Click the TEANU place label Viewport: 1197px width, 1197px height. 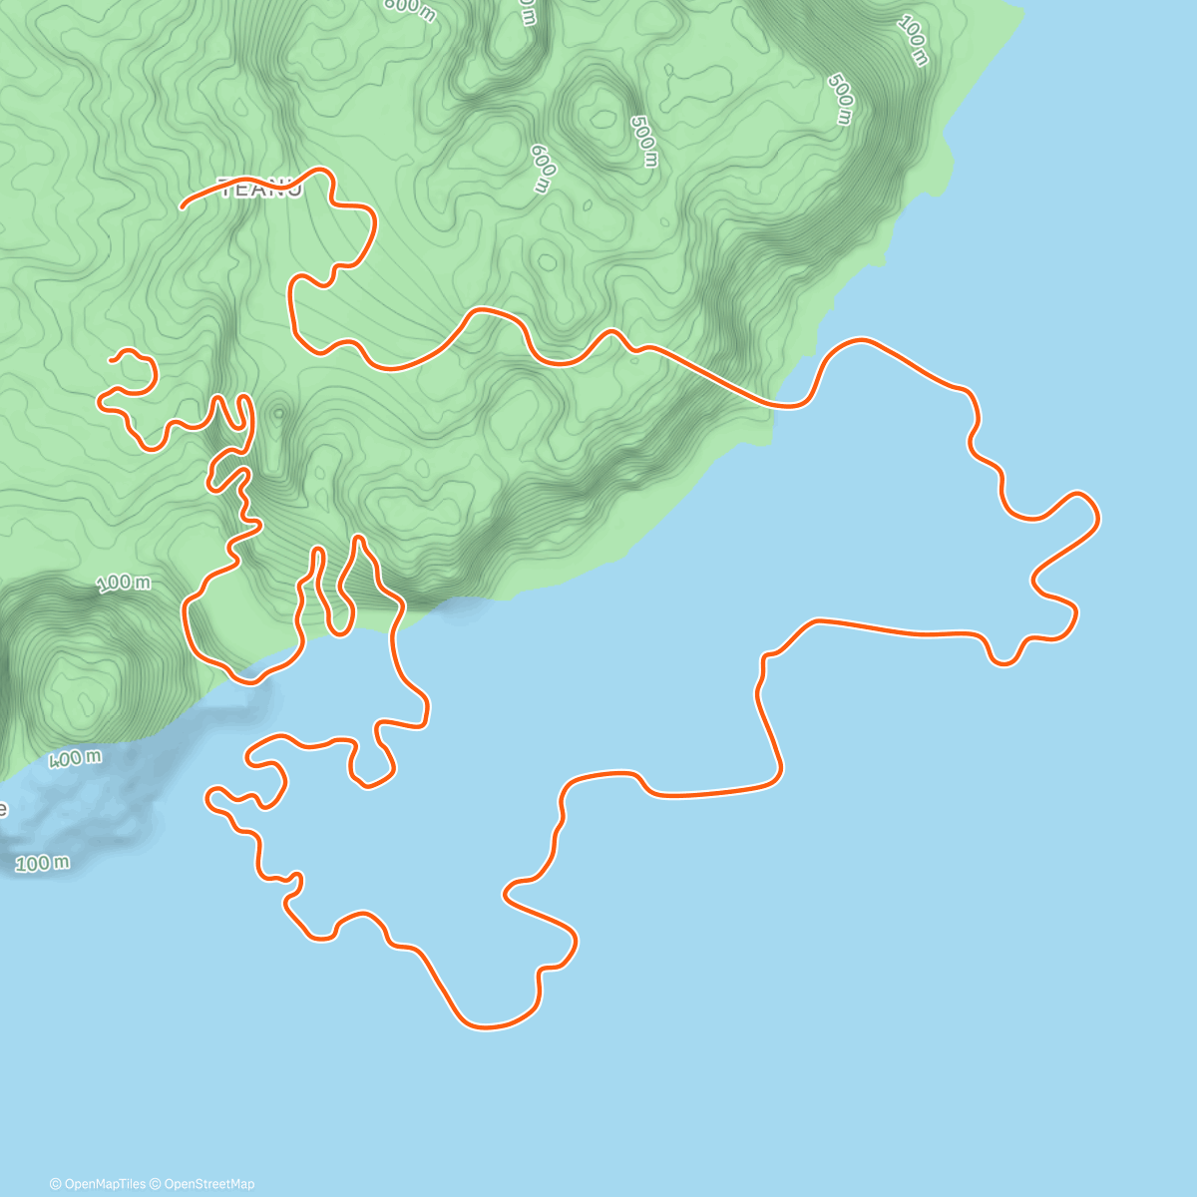[259, 189]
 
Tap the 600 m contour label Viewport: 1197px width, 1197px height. [543, 167]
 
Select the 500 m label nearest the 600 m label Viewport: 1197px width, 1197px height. [644, 141]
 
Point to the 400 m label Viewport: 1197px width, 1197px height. [76, 759]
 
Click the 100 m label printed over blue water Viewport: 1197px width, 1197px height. [43, 863]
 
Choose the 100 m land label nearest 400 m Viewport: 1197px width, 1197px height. [125, 583]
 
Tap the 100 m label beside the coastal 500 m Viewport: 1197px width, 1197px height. [914, 41]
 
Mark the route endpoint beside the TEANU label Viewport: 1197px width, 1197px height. [183, 207]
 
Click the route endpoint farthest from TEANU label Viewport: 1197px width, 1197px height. [112, 358]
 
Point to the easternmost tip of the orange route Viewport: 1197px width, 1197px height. [1098, 518]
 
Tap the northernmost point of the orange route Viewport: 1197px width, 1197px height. [319, 170]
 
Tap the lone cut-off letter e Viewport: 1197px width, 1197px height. [3, 808]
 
